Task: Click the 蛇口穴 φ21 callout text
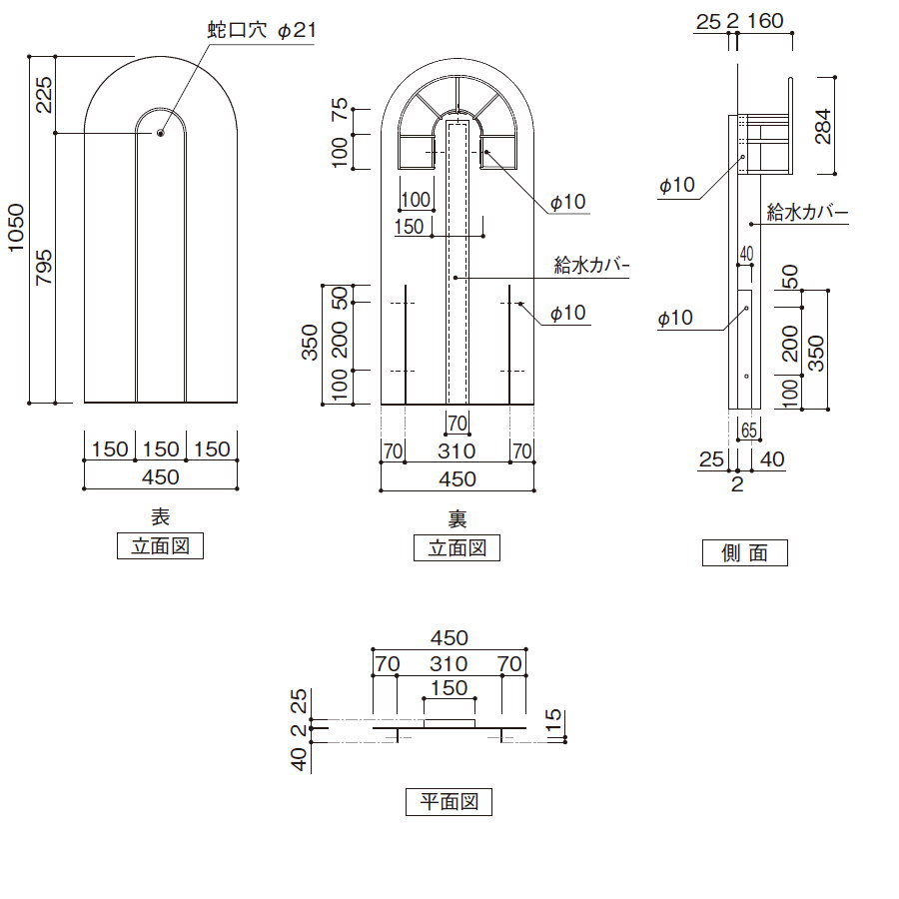[262, 32]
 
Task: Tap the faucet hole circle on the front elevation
[161, 132]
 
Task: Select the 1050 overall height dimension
[17, 230]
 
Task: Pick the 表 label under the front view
[160, 517]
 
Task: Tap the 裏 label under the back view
[457, 518]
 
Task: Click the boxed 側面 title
[744, 552]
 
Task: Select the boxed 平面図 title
[449, 802]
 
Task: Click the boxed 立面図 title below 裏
[457, 547]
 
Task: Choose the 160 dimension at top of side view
[765, 19]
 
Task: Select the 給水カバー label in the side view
[807, 213]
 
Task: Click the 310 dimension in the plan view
[449, 662]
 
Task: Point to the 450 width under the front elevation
[160, 477]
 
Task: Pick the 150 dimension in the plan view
[449, 687]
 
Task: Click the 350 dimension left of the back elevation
[310, 343]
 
